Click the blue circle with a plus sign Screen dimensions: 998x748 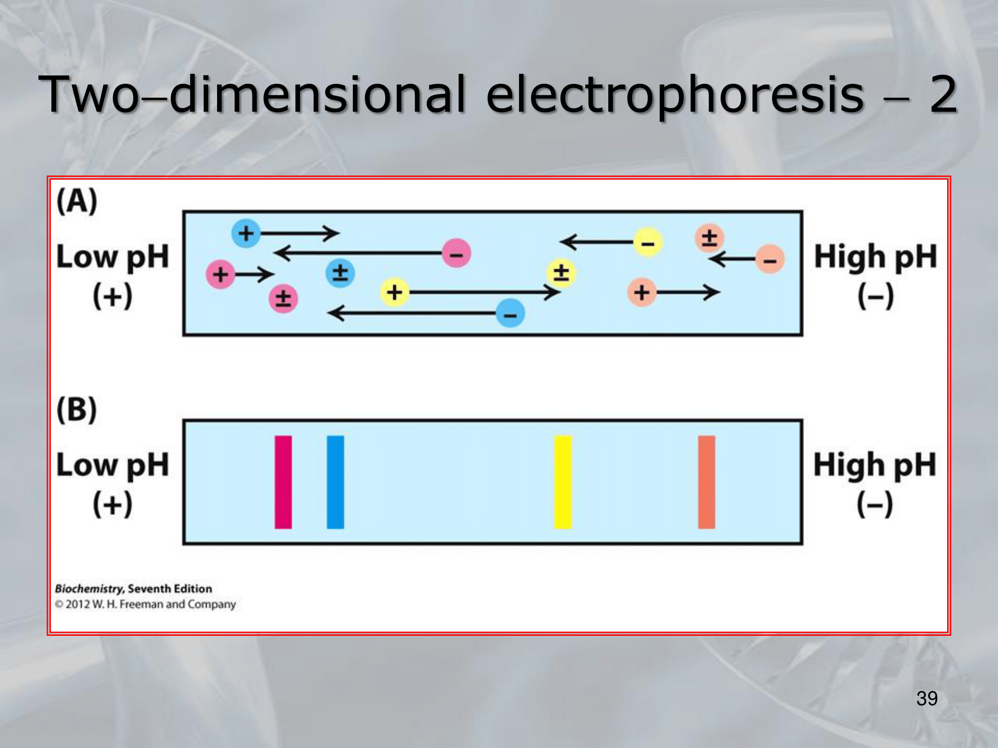pyautogui.click(x=246, y=233)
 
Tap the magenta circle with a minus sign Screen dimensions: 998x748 pyautogui.click(x=456, y=253)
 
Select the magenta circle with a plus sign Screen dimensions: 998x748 pyautogui.click(x=221, y=274)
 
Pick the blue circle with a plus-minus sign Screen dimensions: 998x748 pyautogui.click(x=340, y=273)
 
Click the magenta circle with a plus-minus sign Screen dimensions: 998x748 pyautogui.click(x=283, y=298)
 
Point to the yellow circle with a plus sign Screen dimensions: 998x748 pyautogui.click(x=394, y=292)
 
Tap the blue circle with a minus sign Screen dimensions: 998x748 pyautogui.click(x=510, y=314)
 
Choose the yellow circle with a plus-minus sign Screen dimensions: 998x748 pyautogui.click(x=561, y=273)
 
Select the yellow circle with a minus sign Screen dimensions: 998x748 pyautogui.click(x=648, y=242)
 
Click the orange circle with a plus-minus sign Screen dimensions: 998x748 pyautogui.click(x=709, y=237)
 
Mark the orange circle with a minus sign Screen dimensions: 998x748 pyautogui.click(x=770, y=259)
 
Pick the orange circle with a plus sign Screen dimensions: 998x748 pyautogui.click(x=642, y=292)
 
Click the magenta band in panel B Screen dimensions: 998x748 pyautogui.click(x=283, y=482)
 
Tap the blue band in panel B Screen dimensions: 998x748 pyautogui.click(x=335, y=482)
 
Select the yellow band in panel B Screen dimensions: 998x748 pyautogui.click(x=563, y=482)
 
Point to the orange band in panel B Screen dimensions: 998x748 pyautogui.click(x=707, y=482)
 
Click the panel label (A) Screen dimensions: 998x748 pyautogui.click(x=77, y=201)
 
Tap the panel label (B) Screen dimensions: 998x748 pyautogui.click(x=77, y=410)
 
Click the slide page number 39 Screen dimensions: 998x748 pyautogui.click(x=927, y=699)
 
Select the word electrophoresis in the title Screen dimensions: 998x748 pyautogui.click(x=675, y=94)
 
